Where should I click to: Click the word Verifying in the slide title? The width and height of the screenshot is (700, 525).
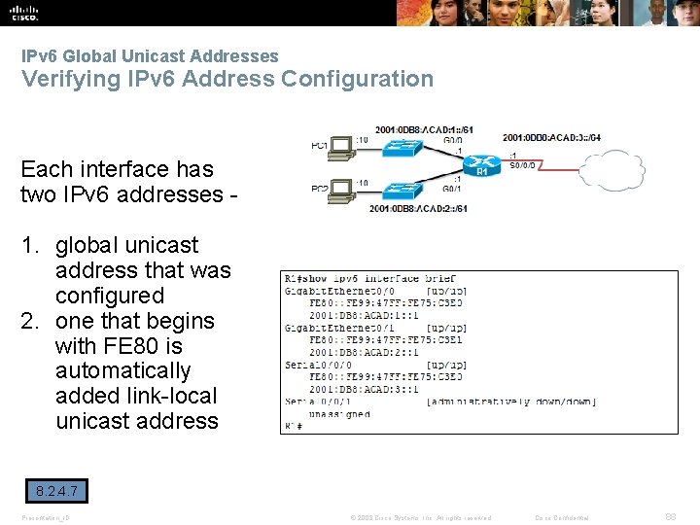66,79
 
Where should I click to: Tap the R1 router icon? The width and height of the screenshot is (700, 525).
480,167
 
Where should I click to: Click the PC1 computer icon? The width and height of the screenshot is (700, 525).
339,149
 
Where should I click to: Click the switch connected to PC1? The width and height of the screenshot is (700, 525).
402,147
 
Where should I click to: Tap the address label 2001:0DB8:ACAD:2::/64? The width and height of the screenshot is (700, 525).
419,208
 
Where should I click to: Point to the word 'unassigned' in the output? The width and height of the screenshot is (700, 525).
340,414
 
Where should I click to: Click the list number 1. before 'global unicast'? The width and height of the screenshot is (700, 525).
30,245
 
